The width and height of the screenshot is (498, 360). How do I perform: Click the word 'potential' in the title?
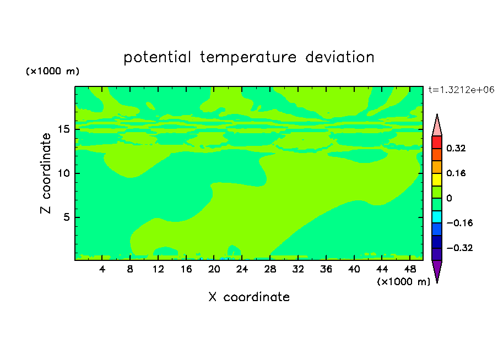tap(157, 58)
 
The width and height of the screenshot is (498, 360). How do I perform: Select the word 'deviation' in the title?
tap(340, 57)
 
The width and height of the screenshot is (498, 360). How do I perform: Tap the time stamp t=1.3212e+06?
tap(462, 90)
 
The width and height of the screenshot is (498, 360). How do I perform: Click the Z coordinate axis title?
tap(46, 173)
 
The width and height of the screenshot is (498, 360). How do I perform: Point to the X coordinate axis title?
tap(249, 297)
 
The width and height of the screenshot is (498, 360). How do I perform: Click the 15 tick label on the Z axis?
tap(64, 129)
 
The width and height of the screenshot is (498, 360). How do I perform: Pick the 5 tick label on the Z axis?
tap(66, 217)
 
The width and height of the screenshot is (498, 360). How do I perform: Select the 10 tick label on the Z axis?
tap(64, 173)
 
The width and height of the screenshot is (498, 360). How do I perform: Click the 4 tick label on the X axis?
tap(102, 269)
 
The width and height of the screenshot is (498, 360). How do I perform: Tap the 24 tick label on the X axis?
tap(242, 269)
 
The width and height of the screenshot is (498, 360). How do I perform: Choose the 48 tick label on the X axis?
tap(410, 269)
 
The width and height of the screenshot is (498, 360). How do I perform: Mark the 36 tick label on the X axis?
tap(326, 269)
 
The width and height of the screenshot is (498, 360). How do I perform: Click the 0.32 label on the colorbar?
tap(456, 148)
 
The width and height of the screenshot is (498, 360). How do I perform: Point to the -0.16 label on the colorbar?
tap(459, 223)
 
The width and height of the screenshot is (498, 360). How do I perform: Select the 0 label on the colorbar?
tap(449, 198)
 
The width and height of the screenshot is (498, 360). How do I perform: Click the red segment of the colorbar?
tap(437, 142)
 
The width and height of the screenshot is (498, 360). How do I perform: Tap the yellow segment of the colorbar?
tap(437, 179)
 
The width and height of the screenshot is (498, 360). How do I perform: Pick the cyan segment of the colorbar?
tap(437, 217)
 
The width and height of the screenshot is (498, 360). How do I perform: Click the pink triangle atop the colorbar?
tap(437, 127)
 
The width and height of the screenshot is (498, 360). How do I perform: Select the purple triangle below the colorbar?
tap(437, 270)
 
